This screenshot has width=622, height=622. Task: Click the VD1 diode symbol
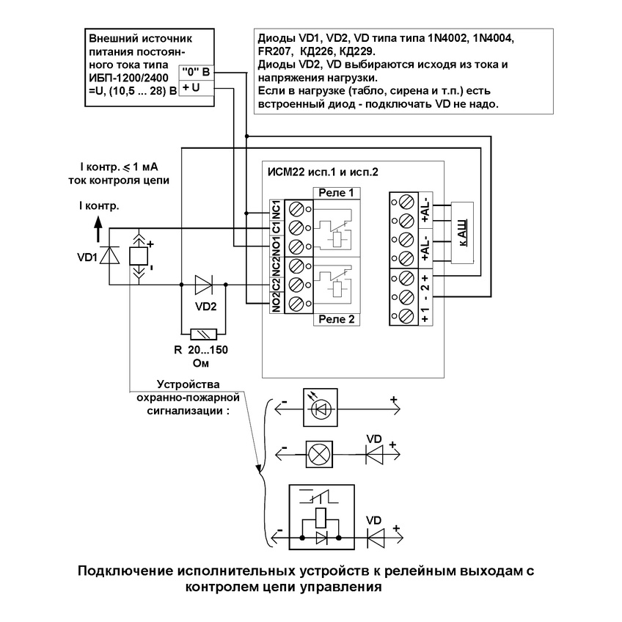(109, 255)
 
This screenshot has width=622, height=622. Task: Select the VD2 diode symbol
(204, 285)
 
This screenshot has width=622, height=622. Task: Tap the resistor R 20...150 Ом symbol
(203, 334)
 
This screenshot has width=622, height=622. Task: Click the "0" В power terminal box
(197, 73)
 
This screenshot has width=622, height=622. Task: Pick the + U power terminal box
(197, 88)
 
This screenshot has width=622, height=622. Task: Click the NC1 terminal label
(276, 210)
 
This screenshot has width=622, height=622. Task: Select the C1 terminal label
(276, 227)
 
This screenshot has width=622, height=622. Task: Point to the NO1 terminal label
(276, 246)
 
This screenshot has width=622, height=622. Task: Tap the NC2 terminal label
(276, 267)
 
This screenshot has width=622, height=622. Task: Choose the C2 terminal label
(276, 285)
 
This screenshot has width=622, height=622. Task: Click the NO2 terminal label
(276, 303)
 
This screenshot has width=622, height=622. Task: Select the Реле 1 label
(337, 193)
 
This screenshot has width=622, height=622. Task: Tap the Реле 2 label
(337, 319)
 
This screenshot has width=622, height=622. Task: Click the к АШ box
(462, 233)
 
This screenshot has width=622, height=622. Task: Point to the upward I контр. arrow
(98, 229)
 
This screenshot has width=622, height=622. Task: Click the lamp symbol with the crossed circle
(319, 455)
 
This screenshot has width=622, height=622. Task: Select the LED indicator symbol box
(321, 408)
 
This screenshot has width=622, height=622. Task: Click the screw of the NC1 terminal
(296, 209)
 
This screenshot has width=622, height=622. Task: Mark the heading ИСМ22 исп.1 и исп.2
(323, 172)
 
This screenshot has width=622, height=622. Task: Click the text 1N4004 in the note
(494, 39)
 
